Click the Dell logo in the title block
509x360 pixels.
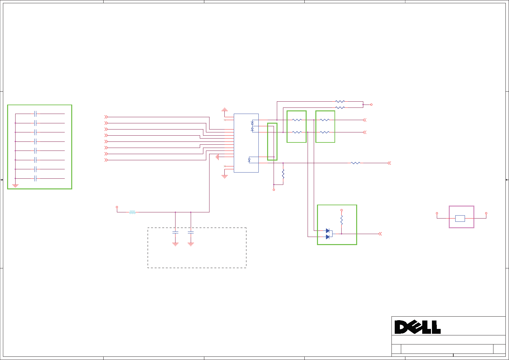point(417,327)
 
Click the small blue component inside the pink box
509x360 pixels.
point(460,219)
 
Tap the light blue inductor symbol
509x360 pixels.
point(132,212)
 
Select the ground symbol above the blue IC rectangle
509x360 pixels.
point(224,110)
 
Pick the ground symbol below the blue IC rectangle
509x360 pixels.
point(224,177)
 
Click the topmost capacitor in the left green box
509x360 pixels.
point(35,114)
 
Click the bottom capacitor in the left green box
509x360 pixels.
point(35,178)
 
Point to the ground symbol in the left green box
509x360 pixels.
point(15,186)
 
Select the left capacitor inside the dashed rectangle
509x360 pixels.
point(175,233)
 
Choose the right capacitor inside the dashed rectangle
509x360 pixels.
point(191,233)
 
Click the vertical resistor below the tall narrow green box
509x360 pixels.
point(283,174)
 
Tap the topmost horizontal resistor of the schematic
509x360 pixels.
point(340,102)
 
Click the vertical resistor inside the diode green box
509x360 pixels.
point(341,220)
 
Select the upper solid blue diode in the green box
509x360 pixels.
point(328,231)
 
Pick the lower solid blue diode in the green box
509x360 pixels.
point(328,237)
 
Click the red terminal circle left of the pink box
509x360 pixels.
point(437,213)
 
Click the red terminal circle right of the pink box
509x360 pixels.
point(486,213)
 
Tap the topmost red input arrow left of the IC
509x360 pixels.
point(106,117)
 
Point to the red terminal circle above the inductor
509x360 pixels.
point(117,207)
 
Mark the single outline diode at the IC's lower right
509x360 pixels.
point(249,160)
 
